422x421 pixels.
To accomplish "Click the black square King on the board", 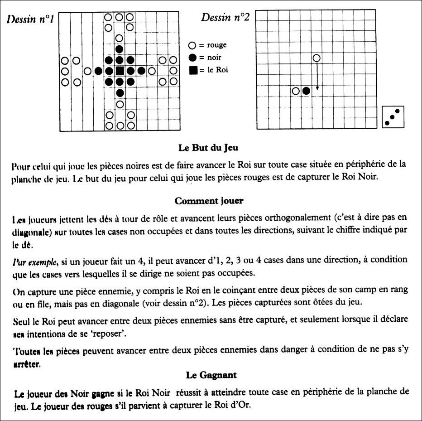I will [x=120, y=71].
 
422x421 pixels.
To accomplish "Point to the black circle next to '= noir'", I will [x=192, y=58].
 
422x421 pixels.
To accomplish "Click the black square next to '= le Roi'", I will [x=192, y=70].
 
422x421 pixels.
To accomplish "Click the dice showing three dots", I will [x=393, y=117].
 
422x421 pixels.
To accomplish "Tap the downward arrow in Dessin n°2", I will [x=317, y=75].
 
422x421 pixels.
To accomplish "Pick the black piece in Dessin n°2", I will [x=307, y=91].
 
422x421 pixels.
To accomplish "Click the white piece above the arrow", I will [x=317, y=58].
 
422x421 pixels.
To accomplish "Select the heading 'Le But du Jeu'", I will [x=209, y=148].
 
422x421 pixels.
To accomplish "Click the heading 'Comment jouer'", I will [x=208, y=201].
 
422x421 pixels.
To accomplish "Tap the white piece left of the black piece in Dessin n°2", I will [x=296, y=91].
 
